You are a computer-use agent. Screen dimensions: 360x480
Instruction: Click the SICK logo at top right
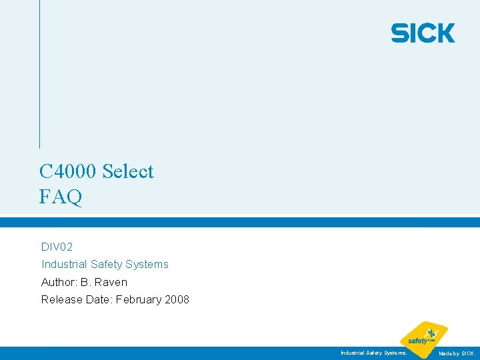tap(423, 33)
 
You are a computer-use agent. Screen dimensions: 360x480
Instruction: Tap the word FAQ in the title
tap(61, 197)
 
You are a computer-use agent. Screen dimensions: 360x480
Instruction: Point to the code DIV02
tap(57, 247)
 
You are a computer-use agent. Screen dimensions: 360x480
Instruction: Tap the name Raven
tap(111, 282)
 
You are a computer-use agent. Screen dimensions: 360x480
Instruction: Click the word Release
tap(62, 299)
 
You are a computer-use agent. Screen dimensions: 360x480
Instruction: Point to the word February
tap(139, 299)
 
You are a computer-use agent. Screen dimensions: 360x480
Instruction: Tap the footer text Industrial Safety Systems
tap(373, 353)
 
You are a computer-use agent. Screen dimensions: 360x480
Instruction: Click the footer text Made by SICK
tap(457, 353)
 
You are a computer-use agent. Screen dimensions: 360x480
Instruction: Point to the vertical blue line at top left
tap(39, 73)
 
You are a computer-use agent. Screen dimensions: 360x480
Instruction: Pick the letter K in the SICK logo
tap(445, 33)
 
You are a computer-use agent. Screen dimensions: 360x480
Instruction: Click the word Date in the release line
tap(99, 299)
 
